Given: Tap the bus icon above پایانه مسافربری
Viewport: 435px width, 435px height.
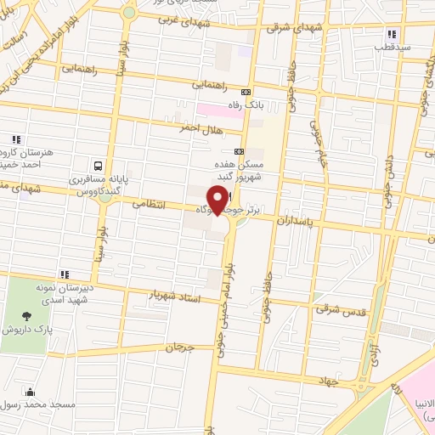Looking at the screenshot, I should tap(99, 167).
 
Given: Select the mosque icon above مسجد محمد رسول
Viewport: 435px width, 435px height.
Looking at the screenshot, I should tap(31, 392).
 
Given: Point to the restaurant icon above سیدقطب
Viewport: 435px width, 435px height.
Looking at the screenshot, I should tap(392, 34).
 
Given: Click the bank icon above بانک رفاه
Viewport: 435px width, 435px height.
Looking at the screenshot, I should tap(246, 92).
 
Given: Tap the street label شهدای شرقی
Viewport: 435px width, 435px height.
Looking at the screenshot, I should tap(283, 28).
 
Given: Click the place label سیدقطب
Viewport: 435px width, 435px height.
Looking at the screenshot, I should tap(393, 48).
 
